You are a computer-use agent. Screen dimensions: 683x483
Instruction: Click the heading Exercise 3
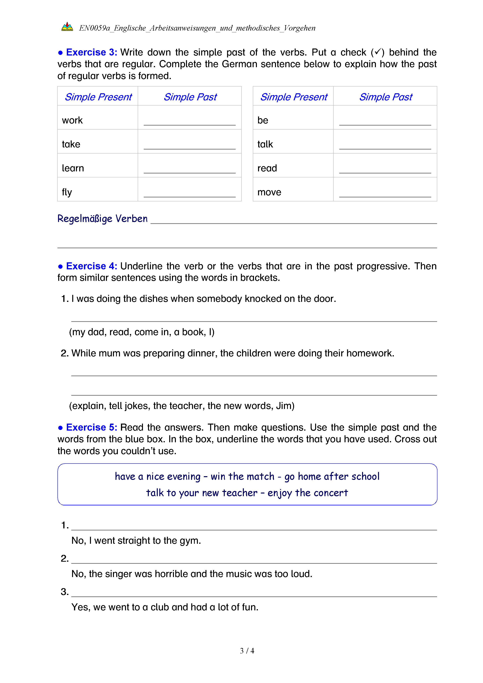[x=91, y=52]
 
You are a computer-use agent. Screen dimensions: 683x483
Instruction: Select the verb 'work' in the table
[x=72, y=121]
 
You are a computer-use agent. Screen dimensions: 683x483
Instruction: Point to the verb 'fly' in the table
[x=67, y=192]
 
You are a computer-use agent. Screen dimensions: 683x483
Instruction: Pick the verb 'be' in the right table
[x=263, y=121]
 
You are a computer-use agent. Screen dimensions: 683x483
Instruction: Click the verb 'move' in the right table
[x=269, y=192]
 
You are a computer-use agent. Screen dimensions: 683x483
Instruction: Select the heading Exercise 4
[x=91, y=266]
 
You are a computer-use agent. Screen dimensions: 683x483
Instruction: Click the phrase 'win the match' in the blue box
[x=242, y=477]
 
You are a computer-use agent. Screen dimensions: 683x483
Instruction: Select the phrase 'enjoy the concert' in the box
[x=308, y=493]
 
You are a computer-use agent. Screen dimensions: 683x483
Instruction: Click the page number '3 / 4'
[x=247, y=651]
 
